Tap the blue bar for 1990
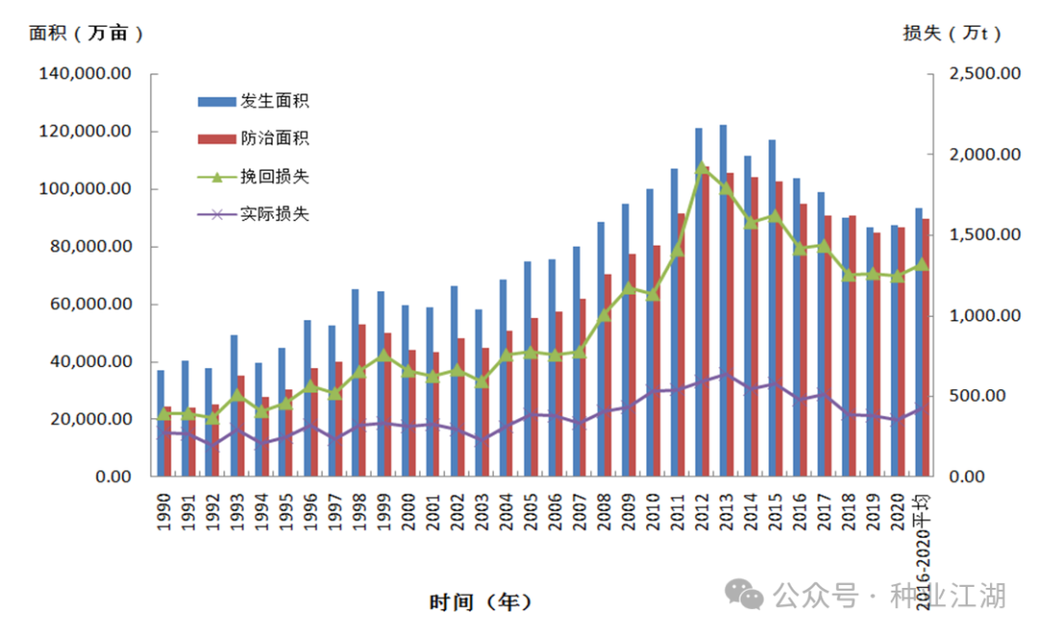(x=161, y=423)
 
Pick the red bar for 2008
(x=607, y=375)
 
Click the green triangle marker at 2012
(x=702, y=167)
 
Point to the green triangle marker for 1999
(x=383, y=355)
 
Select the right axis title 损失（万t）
(x=952, y=33)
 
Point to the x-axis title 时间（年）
(x=480, y=602)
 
